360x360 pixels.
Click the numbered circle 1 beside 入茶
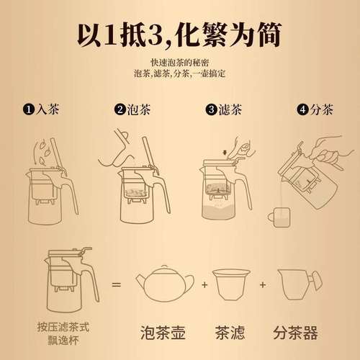tap(28, 110)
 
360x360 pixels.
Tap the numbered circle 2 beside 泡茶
tap(120, 110)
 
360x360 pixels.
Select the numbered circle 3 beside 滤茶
tap(211, 110)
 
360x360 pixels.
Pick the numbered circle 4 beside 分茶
tap(302, 110)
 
